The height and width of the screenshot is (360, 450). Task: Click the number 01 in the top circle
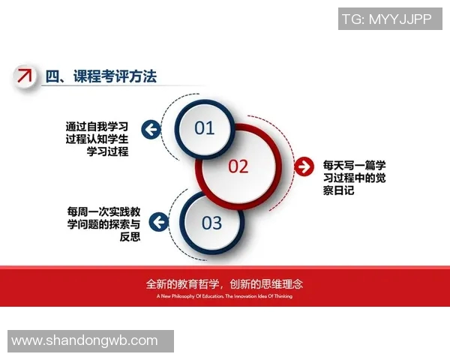click(205, 128)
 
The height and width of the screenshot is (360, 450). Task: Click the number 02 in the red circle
click(238, 166)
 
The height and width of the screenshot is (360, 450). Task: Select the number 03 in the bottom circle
click(212, 223)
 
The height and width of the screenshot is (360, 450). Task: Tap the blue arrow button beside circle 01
click(151, 130)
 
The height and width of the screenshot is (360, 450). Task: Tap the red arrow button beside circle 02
click(304, 166)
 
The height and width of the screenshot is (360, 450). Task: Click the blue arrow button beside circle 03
click(158, 222)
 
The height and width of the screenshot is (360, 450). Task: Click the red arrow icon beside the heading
click(25, 75)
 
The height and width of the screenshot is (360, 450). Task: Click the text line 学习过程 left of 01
click(107, 152)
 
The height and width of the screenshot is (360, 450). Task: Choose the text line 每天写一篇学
click(354, 163)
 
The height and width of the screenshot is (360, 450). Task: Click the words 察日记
click(338, 191)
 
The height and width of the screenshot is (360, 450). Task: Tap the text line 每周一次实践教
click(103, 211)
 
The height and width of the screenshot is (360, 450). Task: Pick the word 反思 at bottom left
click(130, 238)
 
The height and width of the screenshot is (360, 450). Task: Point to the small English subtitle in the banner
click(225, 296)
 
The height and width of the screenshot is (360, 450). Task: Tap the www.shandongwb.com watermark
click(85, 340)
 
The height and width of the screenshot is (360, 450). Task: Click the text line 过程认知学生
click(97, 139)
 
